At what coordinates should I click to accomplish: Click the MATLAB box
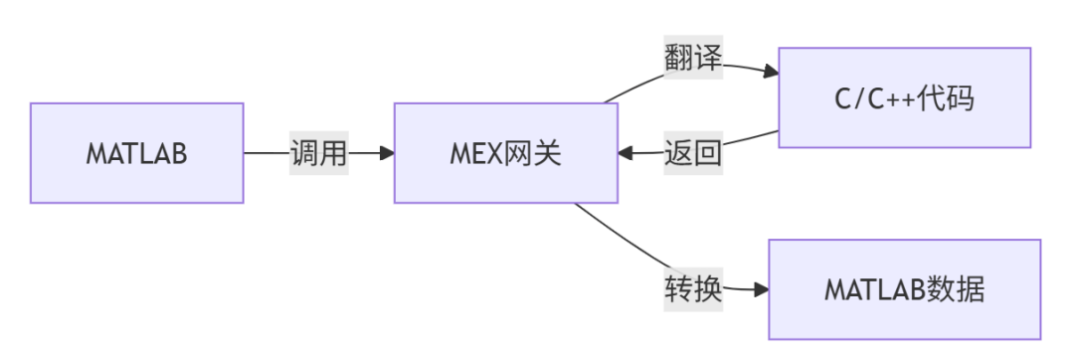click(137, 153)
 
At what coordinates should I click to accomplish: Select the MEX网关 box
click(505, 153)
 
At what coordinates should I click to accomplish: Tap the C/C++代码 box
click(904, 97)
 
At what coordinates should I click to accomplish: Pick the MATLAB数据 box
click(904, 289)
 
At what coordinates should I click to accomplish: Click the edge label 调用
click(319, 152)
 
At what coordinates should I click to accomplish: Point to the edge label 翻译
click(693, 58)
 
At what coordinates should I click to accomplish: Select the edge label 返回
click(693, 152)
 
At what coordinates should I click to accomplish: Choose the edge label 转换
click(693, 289)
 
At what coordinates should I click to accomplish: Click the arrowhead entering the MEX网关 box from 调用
click(387, 153)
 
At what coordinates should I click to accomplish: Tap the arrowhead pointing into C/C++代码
click(772, 72)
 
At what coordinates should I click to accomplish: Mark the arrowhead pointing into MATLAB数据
click(761, 289)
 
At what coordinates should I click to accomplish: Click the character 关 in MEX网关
click(547, 153)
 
